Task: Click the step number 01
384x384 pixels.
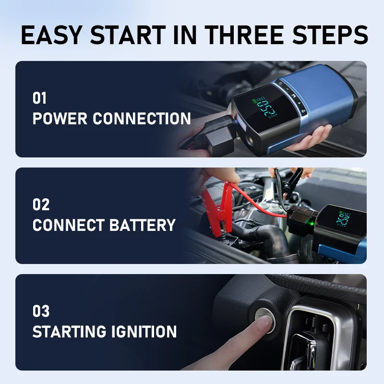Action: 40,98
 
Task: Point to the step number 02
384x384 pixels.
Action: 41,205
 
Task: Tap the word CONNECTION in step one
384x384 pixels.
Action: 142,119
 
